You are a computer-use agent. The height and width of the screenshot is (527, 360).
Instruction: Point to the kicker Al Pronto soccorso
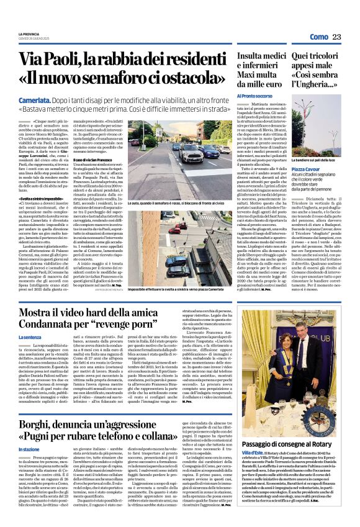[254, 96]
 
